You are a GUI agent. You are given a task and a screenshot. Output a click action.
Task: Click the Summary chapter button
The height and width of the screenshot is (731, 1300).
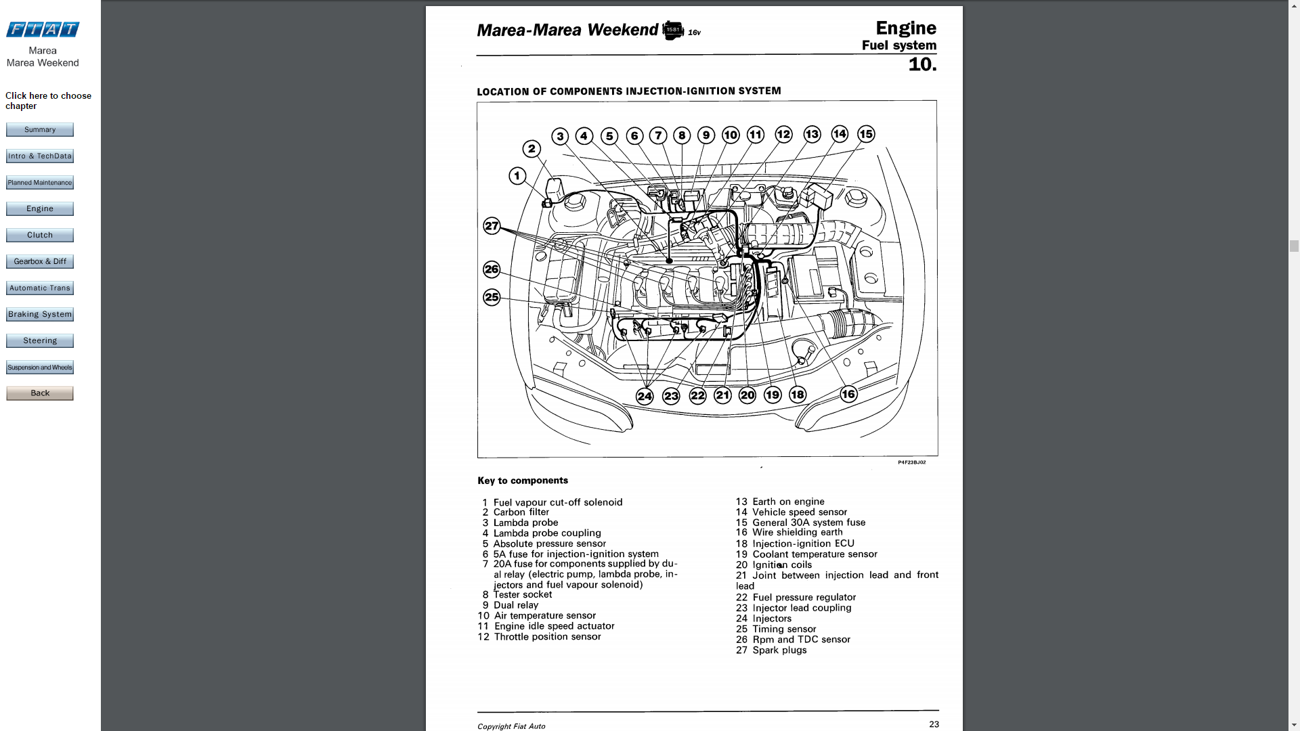40,129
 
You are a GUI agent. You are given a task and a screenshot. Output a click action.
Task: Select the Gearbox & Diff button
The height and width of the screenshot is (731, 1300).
40,261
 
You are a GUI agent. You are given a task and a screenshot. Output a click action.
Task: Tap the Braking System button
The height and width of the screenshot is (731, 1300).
40,314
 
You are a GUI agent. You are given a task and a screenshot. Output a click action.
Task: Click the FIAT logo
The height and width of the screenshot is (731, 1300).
43,29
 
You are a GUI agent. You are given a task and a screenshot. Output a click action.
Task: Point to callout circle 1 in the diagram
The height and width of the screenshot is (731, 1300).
517,177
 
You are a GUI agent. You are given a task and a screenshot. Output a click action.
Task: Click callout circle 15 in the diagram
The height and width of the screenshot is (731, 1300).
866,134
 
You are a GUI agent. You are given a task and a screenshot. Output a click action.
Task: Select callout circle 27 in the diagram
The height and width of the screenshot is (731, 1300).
492,225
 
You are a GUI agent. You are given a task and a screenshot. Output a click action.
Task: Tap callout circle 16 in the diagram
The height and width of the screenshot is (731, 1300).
848,394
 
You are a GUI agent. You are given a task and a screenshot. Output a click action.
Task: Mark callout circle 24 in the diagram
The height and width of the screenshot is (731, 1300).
645,397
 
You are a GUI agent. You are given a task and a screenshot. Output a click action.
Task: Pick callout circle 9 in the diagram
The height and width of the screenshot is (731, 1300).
706,135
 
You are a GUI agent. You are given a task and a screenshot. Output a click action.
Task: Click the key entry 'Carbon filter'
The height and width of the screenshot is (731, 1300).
521,512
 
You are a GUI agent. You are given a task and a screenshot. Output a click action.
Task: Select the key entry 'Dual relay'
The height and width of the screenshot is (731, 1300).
515,605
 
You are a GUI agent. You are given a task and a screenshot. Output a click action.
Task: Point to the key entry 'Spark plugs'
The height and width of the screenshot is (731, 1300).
779,650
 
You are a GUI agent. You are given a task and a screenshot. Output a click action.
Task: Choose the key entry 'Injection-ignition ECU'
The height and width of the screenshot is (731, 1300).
803,544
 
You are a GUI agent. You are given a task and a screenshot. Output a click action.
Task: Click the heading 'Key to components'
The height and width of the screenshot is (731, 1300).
523,481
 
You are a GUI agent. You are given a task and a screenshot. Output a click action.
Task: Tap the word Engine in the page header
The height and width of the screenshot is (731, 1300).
906,28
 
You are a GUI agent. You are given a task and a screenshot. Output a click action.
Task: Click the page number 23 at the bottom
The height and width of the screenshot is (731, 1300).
934,724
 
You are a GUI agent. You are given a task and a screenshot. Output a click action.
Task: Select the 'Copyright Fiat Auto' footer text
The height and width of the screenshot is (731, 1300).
511,726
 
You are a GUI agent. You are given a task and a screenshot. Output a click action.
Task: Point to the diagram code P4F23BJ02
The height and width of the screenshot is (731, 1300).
911,462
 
